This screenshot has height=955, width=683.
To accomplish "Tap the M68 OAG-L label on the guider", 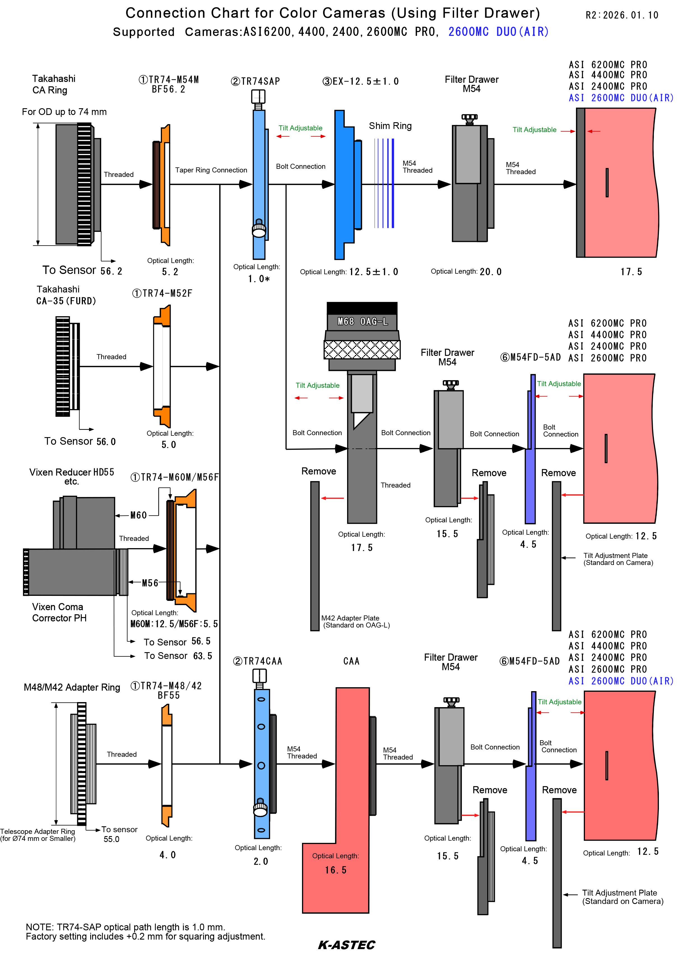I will tap(363, 322).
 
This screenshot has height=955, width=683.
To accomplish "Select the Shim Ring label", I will tap(390, 126).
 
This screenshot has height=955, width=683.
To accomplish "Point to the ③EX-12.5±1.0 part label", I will tap(361, 82).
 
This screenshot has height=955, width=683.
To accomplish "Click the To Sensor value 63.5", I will tap(203, 656).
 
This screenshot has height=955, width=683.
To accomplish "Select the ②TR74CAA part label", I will tap(257, 661).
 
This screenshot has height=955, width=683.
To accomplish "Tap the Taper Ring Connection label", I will tap(211, 170).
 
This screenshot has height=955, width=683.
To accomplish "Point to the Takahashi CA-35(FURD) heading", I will tap(66, 295).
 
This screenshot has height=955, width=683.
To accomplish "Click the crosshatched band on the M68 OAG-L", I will tap(362, 350).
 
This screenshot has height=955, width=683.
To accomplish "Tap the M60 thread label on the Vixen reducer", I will tap(138, 515).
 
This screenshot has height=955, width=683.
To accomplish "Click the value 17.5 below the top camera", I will tap(631, 272).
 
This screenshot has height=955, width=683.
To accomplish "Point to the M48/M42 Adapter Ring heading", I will tap(72, 687).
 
